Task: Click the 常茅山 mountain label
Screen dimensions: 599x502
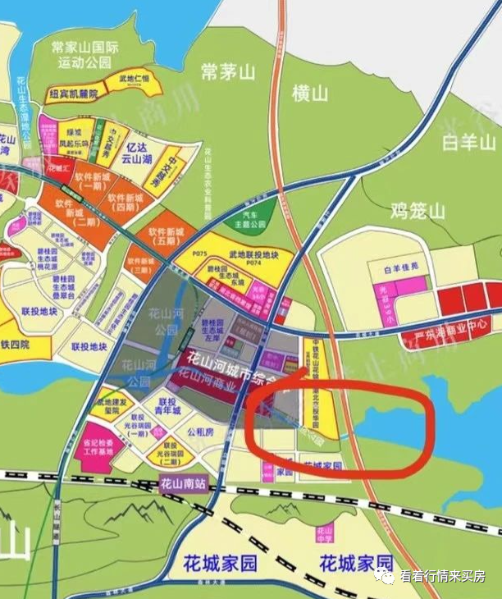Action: pos(227,72)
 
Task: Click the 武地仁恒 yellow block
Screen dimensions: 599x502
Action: pos(136,80)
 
